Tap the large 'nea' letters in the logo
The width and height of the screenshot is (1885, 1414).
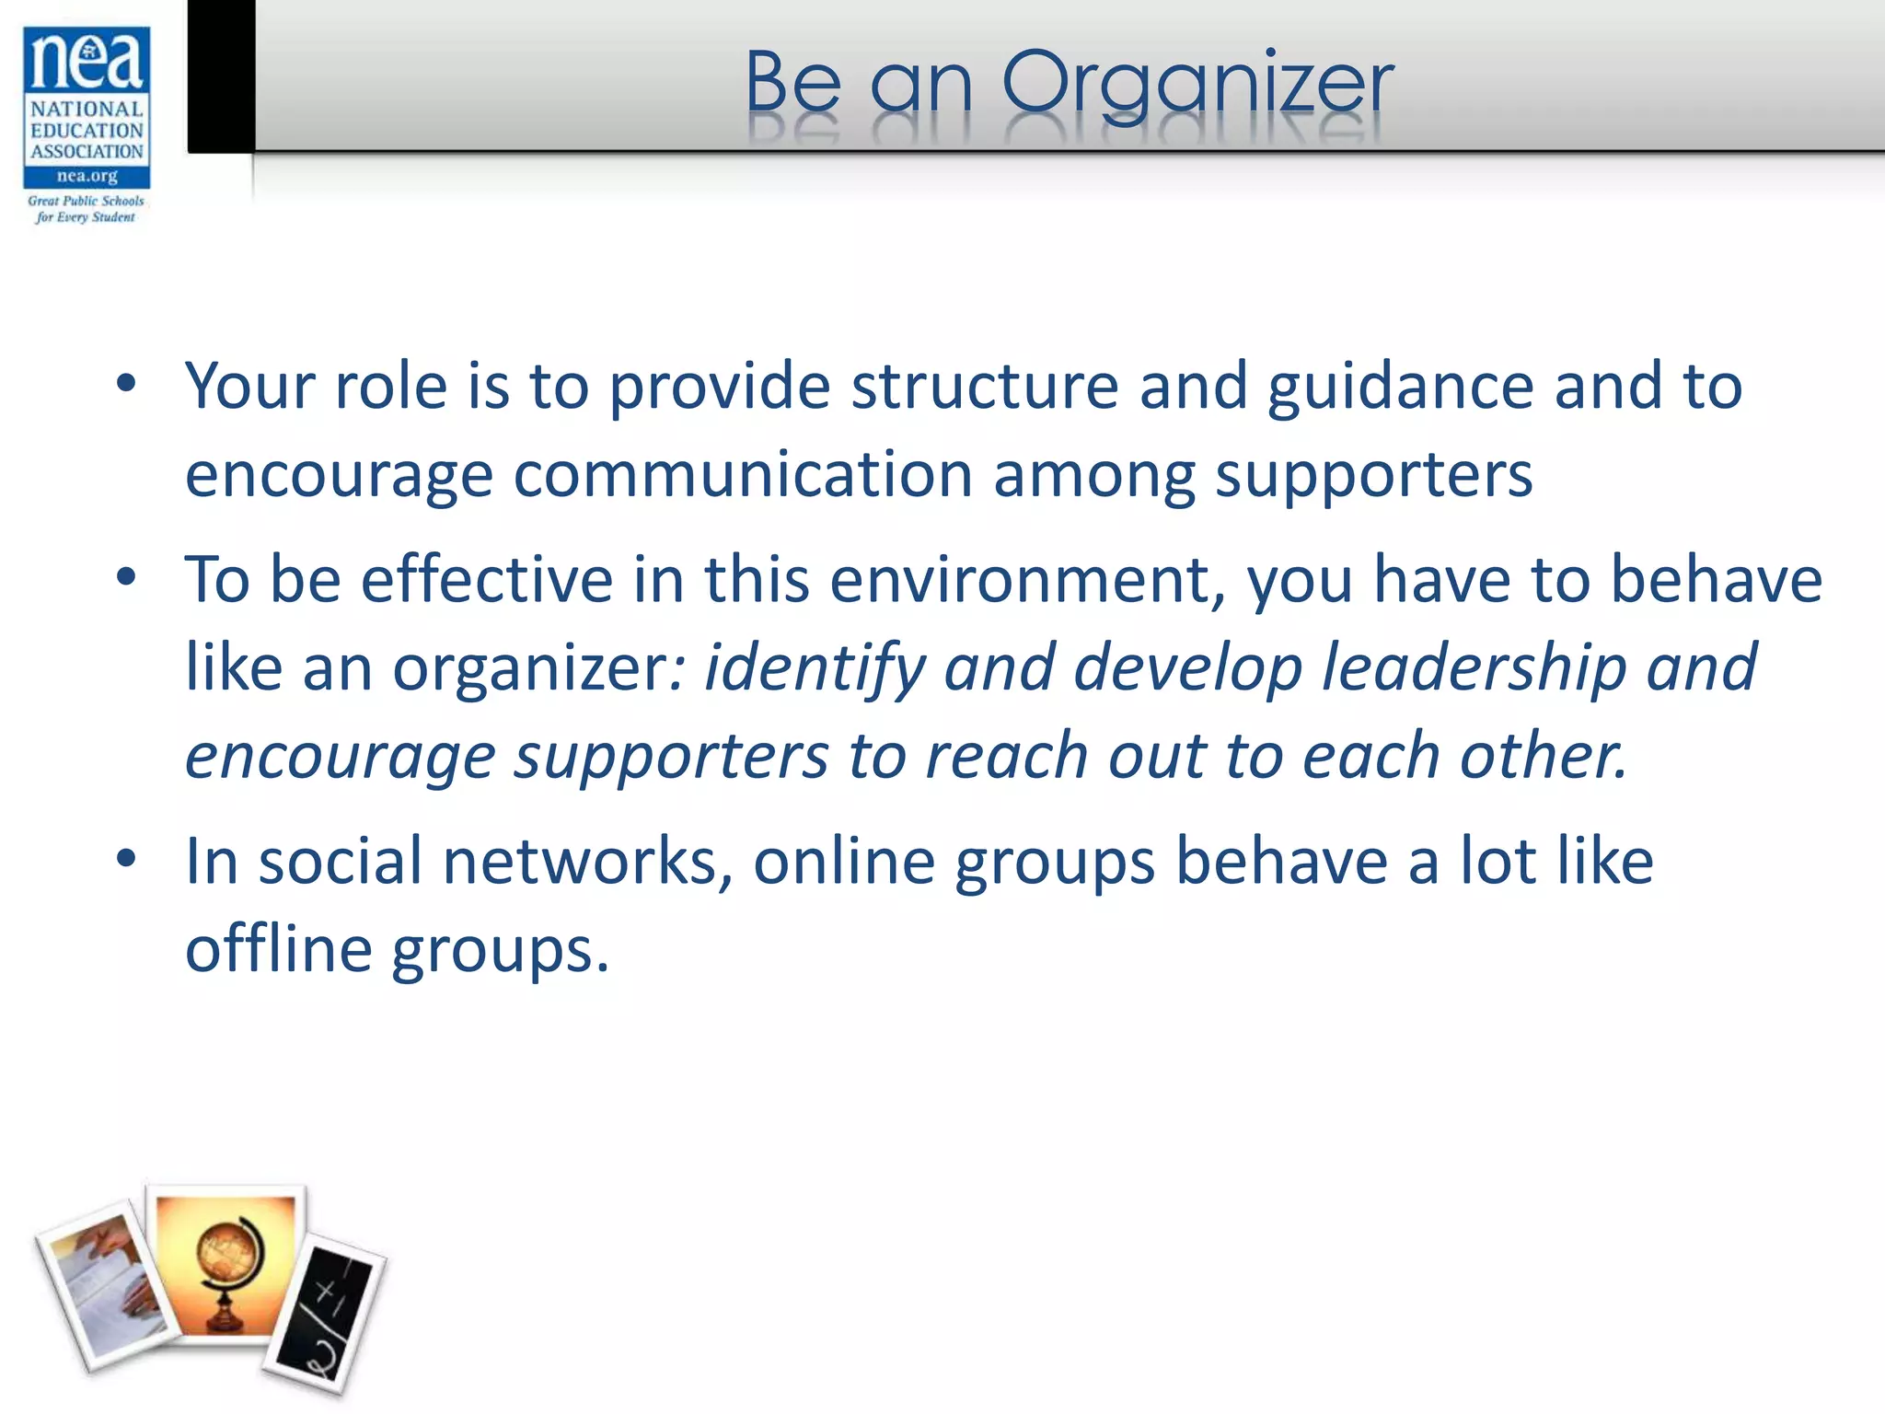coord(87,60)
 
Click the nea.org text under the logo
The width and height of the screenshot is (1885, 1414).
coord(87,176)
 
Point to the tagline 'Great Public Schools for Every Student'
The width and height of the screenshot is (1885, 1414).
coord(86,209)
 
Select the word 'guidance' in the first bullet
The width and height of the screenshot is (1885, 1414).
coord(1400,388)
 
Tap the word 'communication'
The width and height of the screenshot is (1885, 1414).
coord(742,475)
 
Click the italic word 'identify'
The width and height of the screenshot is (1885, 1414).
coord(815,669)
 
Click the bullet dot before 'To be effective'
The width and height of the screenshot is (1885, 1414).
coord(126,578)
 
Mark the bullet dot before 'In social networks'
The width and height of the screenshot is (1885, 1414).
coord(126,860)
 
